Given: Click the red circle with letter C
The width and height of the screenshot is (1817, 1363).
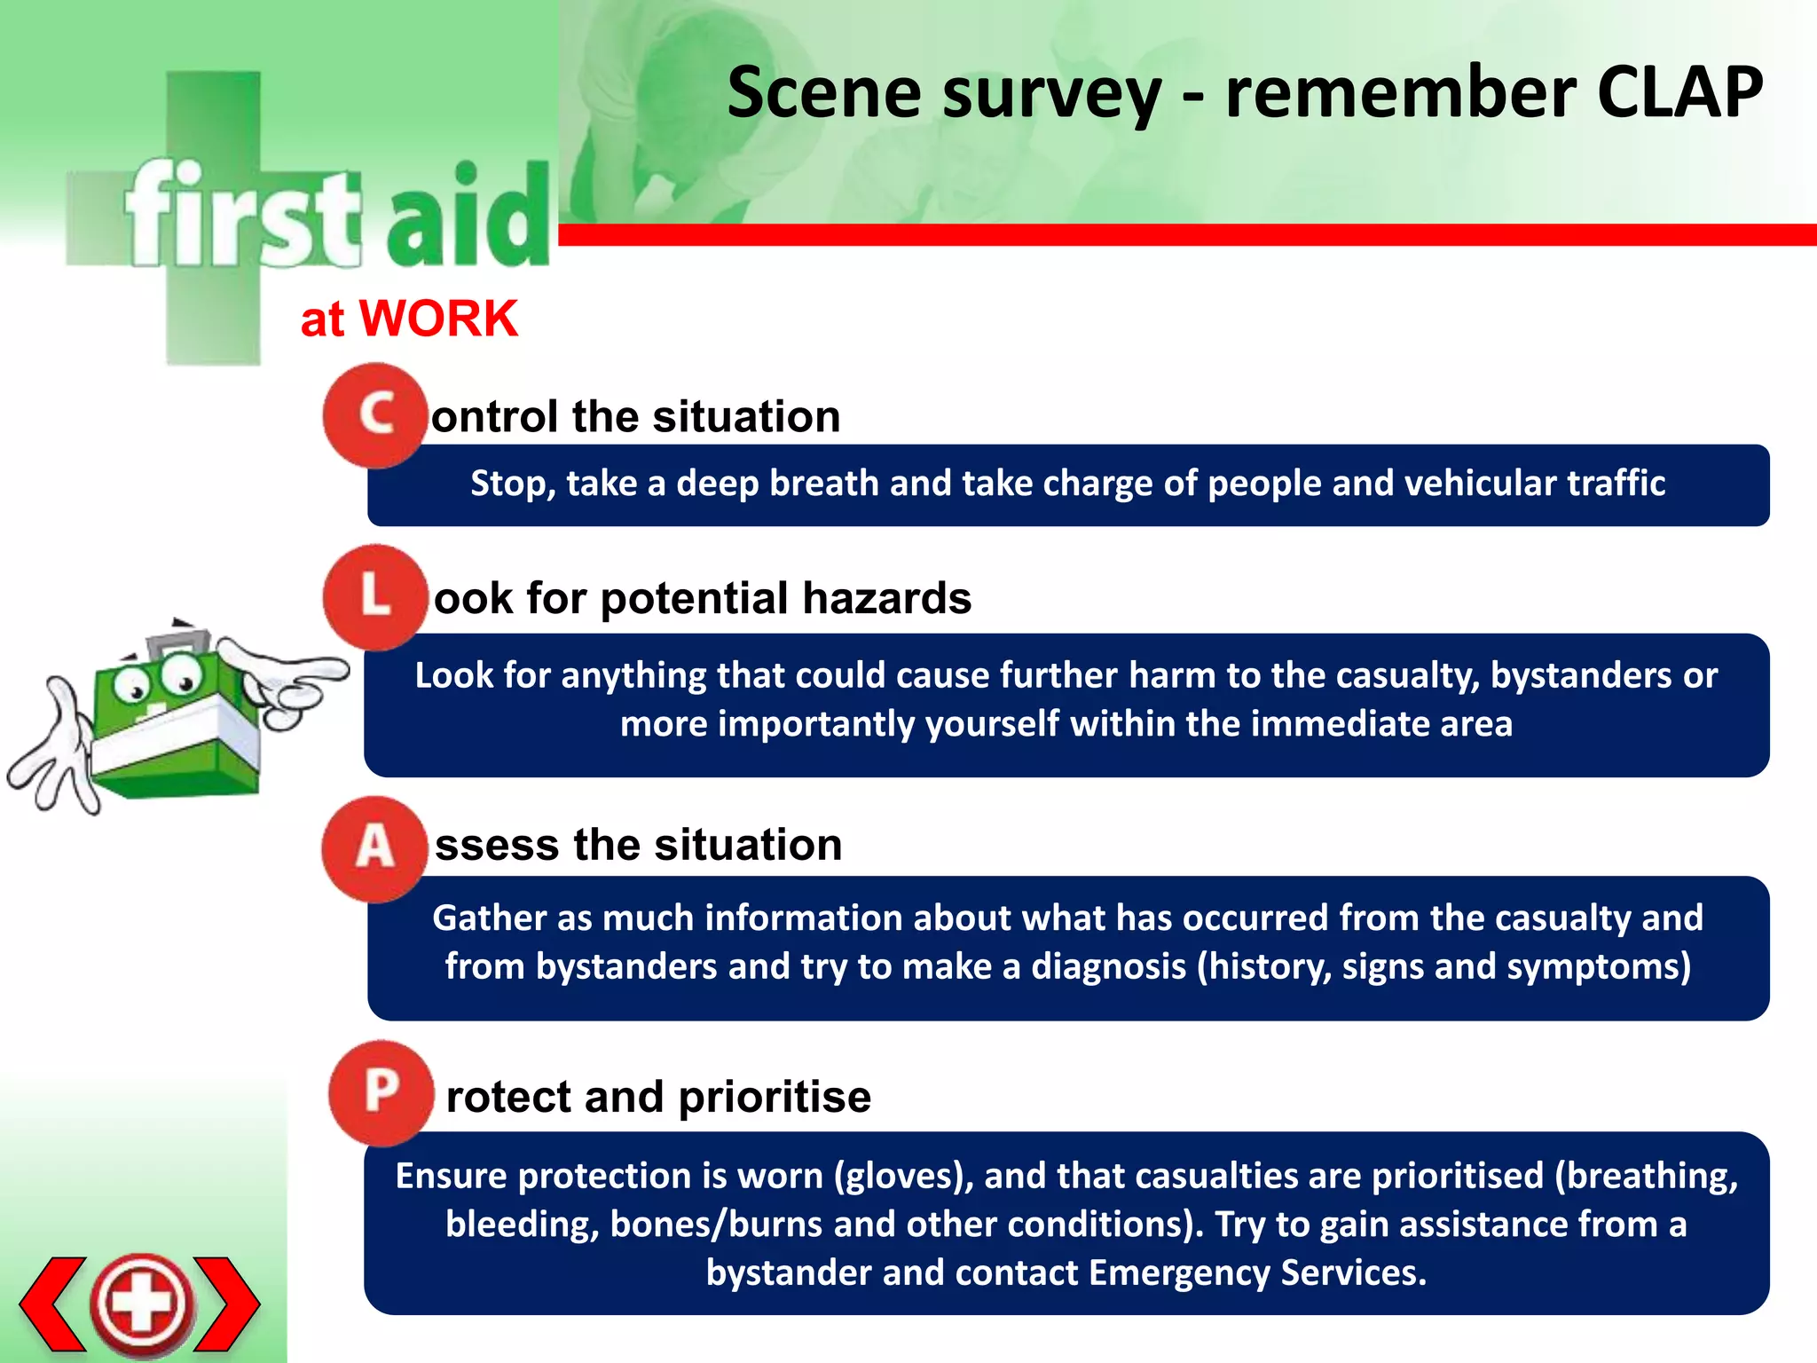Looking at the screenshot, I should pyautogui.click(x=375, y=415).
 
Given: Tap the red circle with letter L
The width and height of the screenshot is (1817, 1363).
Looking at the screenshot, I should pyautogui.click(x=375, y=596).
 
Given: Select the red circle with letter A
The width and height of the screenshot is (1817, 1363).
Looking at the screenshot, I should pyautogui.click(x=374, y=848).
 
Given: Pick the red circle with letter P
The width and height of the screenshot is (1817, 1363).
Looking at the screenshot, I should pyautogui.click(x=381, y=1092).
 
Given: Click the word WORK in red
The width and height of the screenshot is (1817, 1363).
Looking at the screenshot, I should pyautogui.click(x=438, y=319).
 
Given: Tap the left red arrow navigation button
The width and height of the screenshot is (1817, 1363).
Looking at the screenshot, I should pyautogui.click(x=53, y=1303).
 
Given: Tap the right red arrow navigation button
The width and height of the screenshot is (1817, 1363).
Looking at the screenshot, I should pyautogui.click(x=227, y=1303).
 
